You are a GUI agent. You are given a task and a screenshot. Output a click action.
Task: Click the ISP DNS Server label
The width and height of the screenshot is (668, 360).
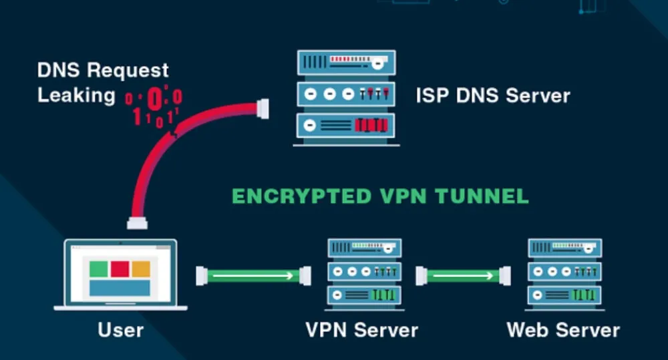pos(493,95)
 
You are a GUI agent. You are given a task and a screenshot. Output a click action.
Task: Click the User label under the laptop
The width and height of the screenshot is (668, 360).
pos(120,329)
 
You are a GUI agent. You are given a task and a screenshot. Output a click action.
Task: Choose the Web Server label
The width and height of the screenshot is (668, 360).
pos(563,329)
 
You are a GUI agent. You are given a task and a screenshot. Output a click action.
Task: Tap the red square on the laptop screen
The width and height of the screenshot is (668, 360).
pos(120,268)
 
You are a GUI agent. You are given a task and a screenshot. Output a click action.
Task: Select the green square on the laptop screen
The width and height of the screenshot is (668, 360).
pos(99,268)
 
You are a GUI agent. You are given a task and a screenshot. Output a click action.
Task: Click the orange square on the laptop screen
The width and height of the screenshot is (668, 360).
pos(140,268)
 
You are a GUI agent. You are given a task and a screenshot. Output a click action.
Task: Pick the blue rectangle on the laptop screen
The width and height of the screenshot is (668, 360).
pos(120,287)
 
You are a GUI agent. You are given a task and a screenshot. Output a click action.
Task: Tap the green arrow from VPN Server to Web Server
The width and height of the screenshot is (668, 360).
pos(463,275)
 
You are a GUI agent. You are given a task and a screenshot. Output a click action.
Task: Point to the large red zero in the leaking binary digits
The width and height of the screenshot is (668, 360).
pos(154,100)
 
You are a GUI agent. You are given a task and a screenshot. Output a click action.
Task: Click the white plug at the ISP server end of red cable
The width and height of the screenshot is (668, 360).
pos(263,108)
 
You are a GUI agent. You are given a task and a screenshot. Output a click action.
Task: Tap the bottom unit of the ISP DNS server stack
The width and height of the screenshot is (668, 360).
pos(346,125)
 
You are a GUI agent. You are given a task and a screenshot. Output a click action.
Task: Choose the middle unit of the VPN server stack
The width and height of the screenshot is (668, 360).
pos(364,272)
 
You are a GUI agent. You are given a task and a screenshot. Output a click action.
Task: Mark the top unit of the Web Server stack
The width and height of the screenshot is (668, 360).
pos(564,249)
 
